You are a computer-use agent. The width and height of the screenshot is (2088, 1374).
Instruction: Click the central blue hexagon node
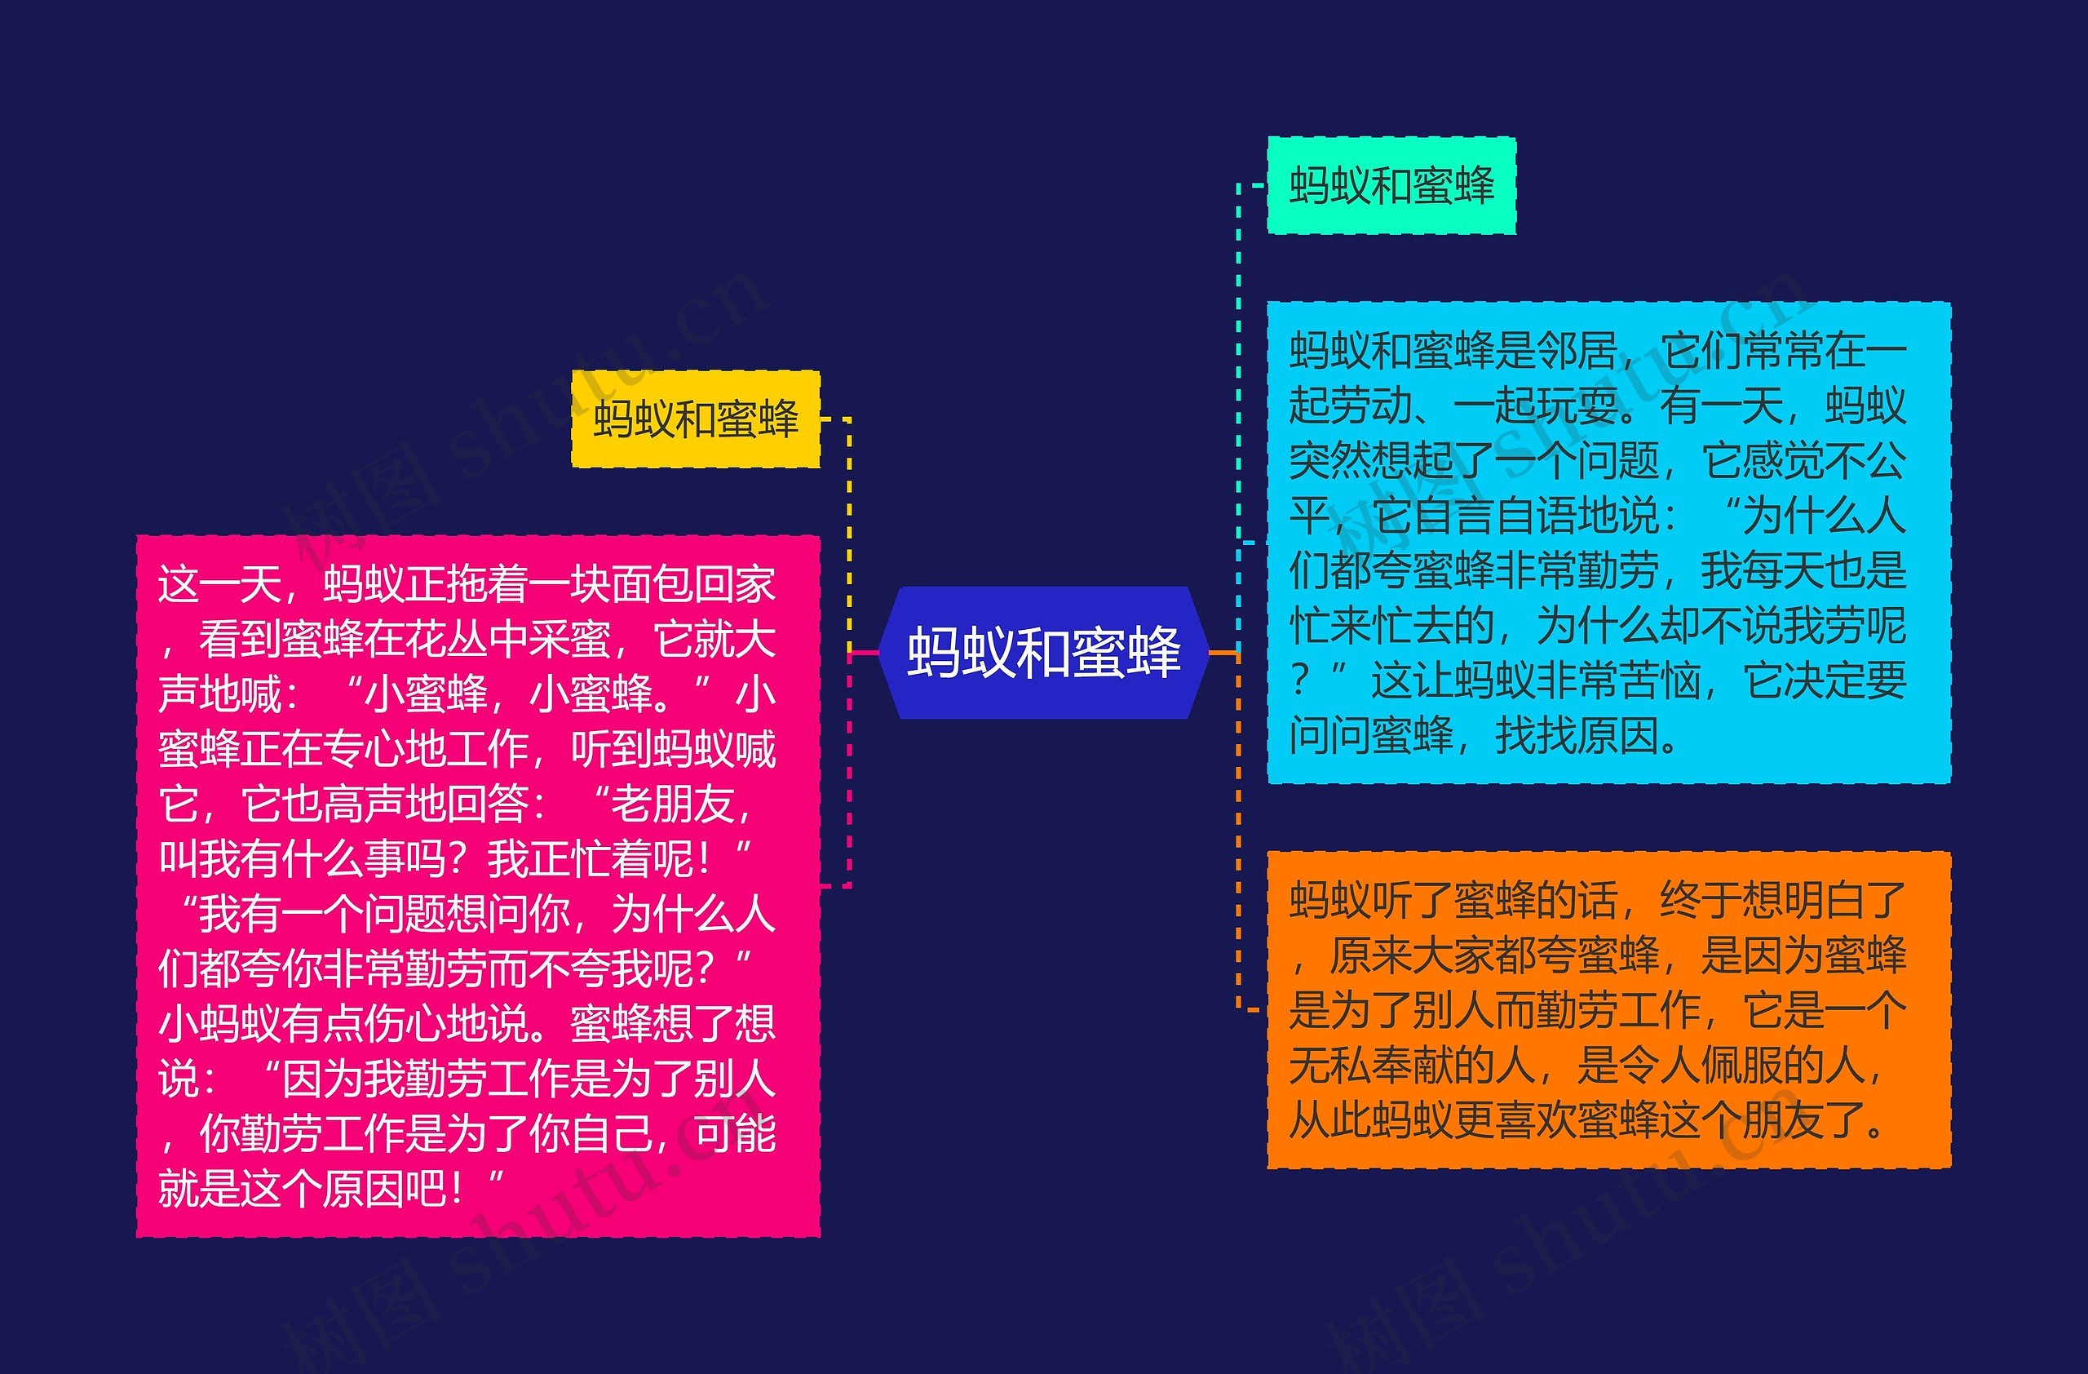[1043, 653]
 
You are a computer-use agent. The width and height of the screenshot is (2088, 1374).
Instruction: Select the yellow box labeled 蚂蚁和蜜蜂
[696, 419]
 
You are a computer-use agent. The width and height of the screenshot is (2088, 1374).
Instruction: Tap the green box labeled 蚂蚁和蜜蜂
[1391, 185]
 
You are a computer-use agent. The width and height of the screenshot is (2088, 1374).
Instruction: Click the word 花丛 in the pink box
[448, 640]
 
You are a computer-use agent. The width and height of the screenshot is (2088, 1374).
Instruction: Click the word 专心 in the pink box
[364, 749]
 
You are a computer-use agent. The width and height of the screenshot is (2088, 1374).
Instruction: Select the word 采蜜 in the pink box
[570, 640]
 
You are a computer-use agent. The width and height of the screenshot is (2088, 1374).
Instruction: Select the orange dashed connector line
[1238, 834]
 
